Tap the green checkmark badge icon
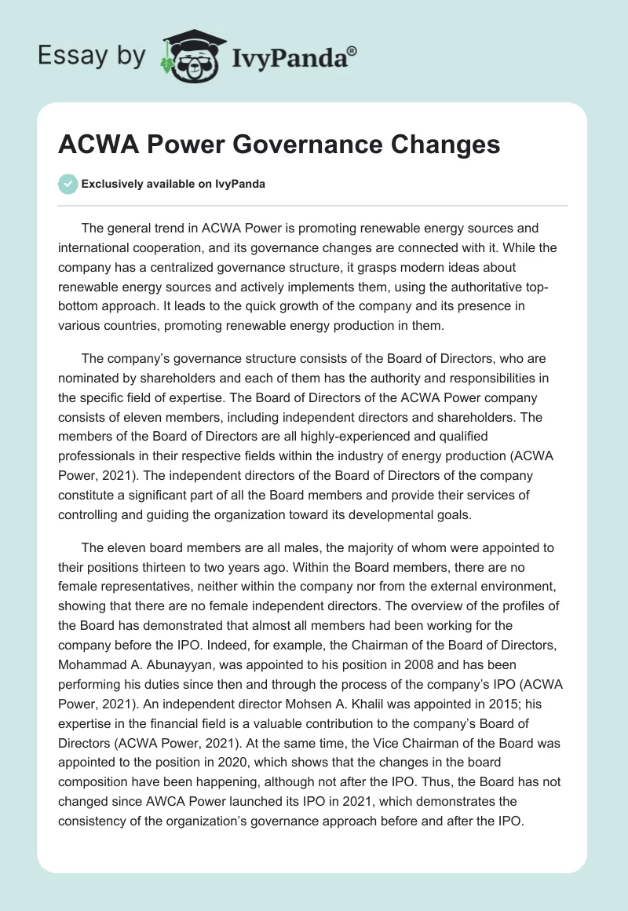(68, 184)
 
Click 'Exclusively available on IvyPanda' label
(173, 184)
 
